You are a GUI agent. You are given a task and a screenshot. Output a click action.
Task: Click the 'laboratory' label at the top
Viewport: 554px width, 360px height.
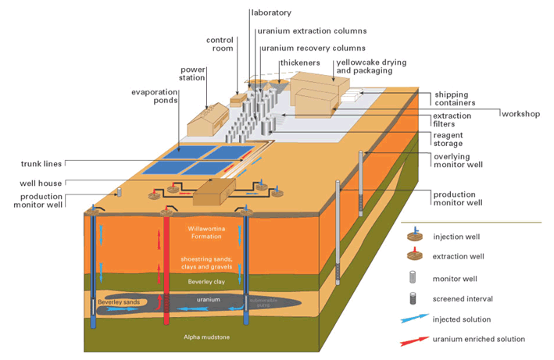pos(270,12)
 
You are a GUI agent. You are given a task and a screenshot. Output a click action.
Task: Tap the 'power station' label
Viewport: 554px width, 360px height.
pos(192,73)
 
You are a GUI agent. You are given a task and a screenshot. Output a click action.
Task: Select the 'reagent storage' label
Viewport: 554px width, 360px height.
pos(453,139)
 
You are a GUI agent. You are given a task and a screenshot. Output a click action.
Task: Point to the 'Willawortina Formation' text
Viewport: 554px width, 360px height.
pos(208,232)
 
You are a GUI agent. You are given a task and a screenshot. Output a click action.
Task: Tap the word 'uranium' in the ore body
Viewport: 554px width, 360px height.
pos(208,298)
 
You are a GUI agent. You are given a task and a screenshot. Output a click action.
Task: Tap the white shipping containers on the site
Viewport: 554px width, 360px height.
pos(348,97)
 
